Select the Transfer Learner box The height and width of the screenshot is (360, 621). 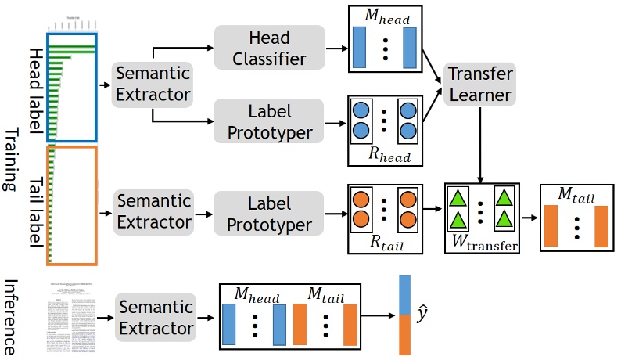tap(481, 85)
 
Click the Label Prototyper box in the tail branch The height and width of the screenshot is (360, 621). tap(268, 214)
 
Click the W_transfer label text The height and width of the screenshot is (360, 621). tap(484, 245)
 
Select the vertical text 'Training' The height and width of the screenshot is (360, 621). tap(10, 160)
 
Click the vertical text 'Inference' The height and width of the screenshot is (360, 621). tap(10, 317)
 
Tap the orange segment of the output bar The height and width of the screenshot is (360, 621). tap(405, 335)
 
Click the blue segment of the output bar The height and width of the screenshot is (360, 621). tap(405, 295)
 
